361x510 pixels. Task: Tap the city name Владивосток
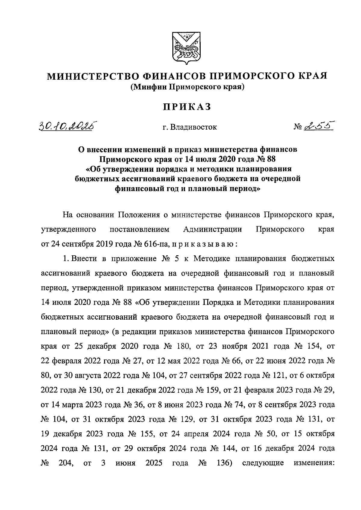(193, 127)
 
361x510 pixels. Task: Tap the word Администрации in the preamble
(212, 230)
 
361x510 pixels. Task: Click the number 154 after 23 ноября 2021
(313, 346)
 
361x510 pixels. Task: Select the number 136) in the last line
(223, 463)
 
